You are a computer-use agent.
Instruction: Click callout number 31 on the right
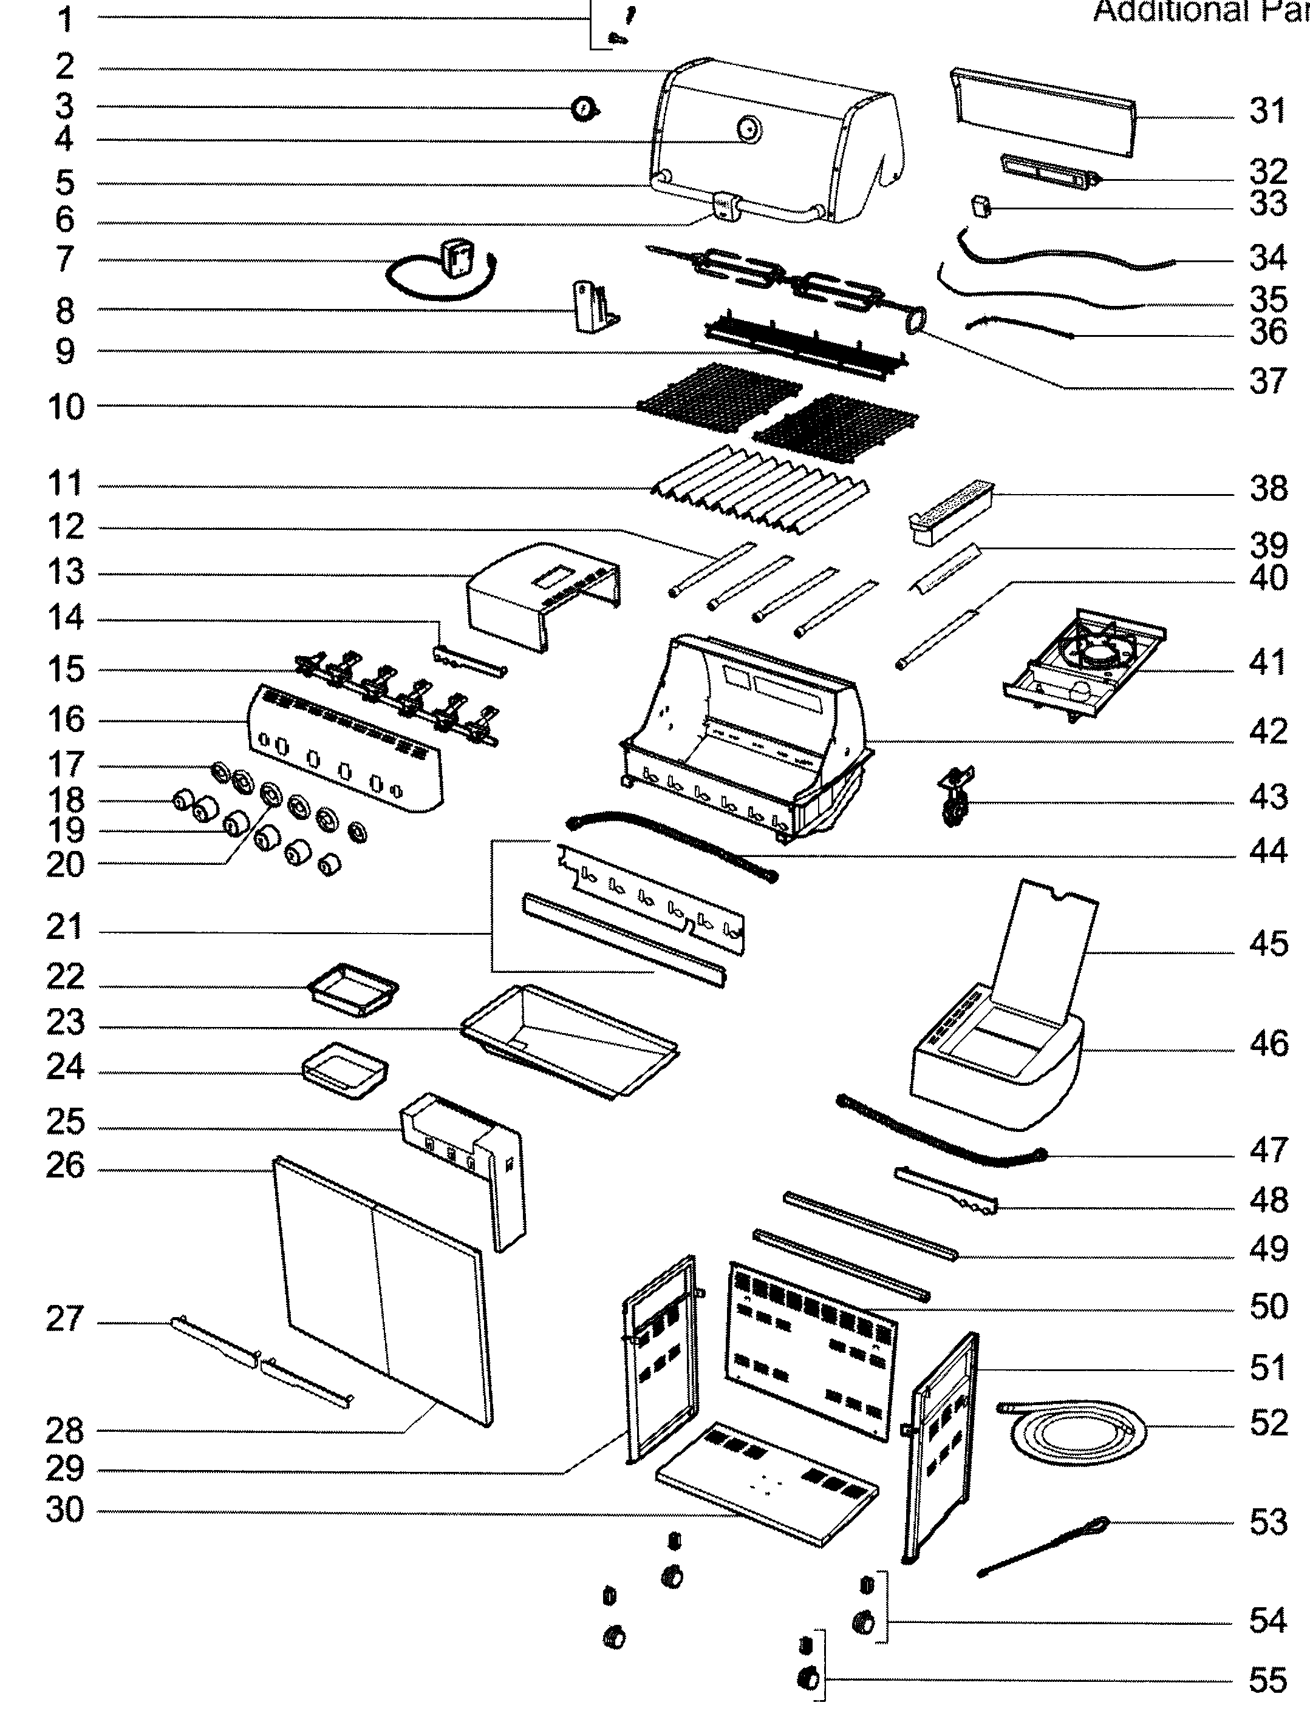click(x=1267, y=111)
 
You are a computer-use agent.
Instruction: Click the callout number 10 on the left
click(x=66, y=407)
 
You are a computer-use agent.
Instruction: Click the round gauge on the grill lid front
click(x=749, y=129)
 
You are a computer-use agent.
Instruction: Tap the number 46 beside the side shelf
click(x=1267, y=1044)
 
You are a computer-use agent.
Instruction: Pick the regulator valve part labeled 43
click(x=955, y=797)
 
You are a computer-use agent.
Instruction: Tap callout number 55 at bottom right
click(x=1267, y=1679)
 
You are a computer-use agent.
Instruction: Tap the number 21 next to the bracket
click(x=65, y=927)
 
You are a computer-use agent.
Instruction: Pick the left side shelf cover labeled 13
click(x=539, y=594)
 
